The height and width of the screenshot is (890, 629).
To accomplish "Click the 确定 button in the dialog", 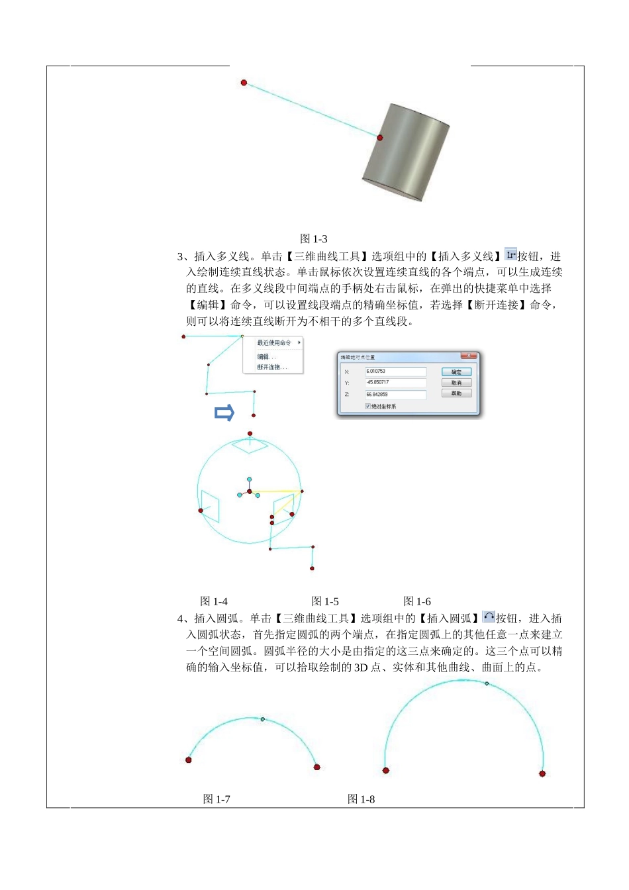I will click(x=456, y=372).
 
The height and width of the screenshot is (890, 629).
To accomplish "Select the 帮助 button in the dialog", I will click(x=456, y=393).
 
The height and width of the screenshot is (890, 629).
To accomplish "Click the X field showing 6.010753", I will click(x=395, y=371).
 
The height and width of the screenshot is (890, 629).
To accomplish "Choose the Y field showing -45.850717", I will click(x=395, y=383).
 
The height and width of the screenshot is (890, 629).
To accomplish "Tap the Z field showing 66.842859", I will click(x=395, y=394).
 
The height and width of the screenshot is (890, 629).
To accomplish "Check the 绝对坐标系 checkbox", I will click(x=367, y=406).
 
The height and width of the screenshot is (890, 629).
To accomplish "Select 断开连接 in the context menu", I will click(x=271, y=367).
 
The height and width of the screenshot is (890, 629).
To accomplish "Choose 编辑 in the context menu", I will click(x=266, y=356).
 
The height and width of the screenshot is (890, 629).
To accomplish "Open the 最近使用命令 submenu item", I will click(x=275, y=343).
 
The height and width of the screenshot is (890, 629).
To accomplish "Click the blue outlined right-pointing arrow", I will click(x=224, y=413).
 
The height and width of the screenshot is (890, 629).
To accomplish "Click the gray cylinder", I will click(x=406, y=152).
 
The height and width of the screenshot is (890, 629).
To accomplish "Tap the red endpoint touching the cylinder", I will click(x=380, y=138).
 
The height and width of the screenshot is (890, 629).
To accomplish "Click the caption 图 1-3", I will click(x=313, y=239).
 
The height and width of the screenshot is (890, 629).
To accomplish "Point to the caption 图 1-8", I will click(x=361, y=799).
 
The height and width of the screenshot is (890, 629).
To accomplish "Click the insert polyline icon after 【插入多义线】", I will click(x=510, y=255).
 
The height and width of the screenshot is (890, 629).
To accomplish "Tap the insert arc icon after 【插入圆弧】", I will click(x=489, y=617).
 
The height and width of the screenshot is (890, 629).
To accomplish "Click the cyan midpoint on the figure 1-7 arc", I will click(x=263, y=719).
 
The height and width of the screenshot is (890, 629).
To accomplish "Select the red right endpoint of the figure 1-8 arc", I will click(x=542, y=773).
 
